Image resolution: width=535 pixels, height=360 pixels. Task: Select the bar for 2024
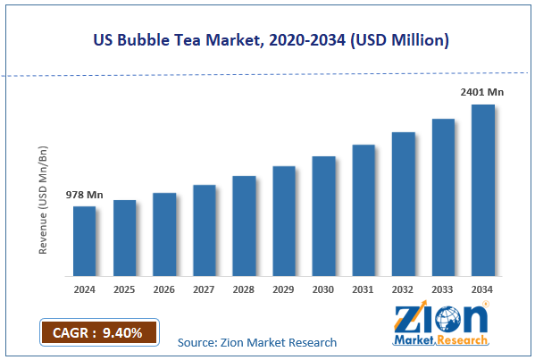[85, 241]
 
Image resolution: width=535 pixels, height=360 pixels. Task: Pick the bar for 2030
[323, 216]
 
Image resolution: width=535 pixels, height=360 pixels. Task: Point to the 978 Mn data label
[85, 195]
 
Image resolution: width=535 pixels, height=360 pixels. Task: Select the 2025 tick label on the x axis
[125, 289]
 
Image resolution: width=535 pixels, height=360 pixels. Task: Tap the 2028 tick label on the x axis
[244, 289]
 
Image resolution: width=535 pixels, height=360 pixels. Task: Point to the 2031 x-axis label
[364, 289]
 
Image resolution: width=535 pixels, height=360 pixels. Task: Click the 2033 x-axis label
[443, 289]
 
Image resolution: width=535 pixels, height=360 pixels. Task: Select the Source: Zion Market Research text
[257, 342]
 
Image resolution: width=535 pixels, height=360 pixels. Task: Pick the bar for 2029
[284, 221]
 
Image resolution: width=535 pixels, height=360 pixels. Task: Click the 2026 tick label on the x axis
[164, 289]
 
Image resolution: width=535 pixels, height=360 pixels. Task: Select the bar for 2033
[443, 197]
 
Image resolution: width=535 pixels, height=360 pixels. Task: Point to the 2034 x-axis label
[483, 289]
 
